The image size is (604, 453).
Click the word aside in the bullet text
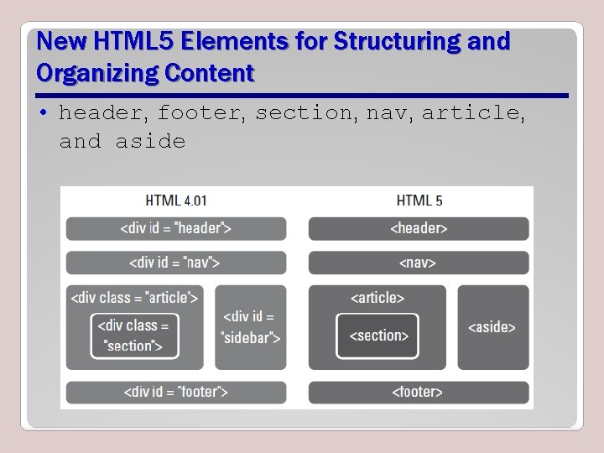[150, 141]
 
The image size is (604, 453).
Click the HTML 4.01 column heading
[176, 200]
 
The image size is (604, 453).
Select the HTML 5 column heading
[419, 200]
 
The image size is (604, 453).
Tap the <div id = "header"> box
[176, 228]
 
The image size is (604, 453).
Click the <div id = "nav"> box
[176, 263]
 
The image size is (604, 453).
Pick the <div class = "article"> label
[135, 297]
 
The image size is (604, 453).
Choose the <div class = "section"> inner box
[134, 335]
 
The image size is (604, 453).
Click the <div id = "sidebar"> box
[250, 327]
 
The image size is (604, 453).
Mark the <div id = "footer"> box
[176, 392]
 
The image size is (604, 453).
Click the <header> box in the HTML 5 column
[419, 228]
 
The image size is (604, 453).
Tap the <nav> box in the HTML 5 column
[419, 263]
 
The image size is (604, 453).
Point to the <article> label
[377, 297]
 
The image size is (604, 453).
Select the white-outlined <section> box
[377, 336]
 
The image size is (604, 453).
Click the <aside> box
[492, 327]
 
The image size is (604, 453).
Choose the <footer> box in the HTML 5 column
[419, 392]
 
